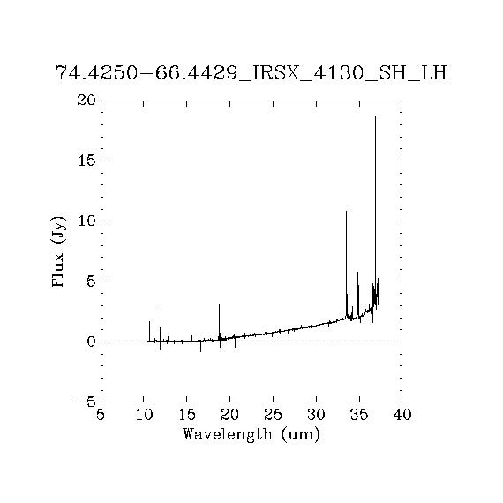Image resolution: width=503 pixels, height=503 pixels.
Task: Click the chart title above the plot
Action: pos(251,73)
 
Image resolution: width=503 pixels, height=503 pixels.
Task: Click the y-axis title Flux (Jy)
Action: pos(58,251)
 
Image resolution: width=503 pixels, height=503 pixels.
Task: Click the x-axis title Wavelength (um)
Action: pos(251,435)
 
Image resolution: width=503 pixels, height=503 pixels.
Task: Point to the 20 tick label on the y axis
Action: pos(86,101)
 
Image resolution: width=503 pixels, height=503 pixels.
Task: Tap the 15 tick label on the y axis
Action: pos(87,161)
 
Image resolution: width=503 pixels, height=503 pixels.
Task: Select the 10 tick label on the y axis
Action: pos(87,221)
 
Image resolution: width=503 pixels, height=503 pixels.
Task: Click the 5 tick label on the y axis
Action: pos(92,282)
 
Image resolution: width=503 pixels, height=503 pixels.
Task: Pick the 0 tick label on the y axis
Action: pos(92,342)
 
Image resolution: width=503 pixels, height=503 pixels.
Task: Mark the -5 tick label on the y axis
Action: pos(86,402)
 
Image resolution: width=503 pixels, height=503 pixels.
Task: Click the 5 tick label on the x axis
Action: pos(101,415)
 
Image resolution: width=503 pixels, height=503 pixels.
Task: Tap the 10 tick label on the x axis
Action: pos(144,415)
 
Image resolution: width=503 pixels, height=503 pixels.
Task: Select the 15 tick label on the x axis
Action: pos(187,415)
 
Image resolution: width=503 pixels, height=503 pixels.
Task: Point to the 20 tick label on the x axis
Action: pos(229,415)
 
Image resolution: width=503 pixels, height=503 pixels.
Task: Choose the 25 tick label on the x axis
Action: pos(273,415)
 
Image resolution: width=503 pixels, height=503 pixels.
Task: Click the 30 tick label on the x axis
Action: pos(316,415)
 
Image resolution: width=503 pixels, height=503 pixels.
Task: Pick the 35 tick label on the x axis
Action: pos(359,415)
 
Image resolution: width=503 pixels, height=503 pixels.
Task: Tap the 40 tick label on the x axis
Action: pos(402,415)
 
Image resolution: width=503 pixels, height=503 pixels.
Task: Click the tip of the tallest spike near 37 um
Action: pos(375,116)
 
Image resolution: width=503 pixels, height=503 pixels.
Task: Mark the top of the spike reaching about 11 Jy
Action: pos(346,212)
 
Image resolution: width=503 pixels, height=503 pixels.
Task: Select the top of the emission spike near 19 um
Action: pos(219,304)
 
